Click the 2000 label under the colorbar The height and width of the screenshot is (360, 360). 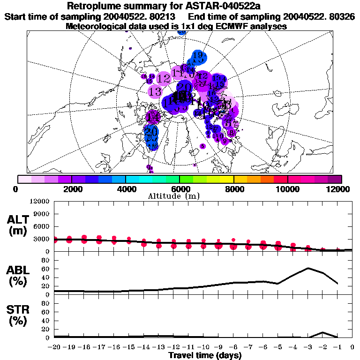[70, 189]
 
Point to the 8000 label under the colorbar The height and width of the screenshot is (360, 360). [233, 189]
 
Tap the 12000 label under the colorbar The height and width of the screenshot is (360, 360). [339, 189]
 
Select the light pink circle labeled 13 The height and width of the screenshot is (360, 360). [155, 92]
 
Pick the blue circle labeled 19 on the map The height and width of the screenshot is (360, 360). [197, 58]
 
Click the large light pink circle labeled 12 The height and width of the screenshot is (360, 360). [164, 79]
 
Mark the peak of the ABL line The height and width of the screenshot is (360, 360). [308, 268]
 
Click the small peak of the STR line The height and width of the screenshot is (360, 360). [322, 332]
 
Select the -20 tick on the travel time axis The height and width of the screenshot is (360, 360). [54, 347]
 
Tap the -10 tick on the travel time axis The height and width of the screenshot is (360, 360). [203, 347]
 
